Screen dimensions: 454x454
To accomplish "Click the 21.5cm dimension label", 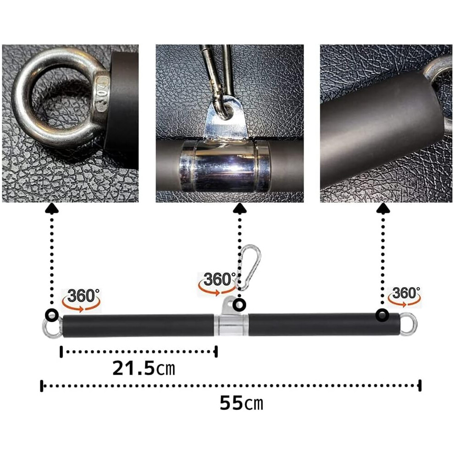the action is pos(144,368).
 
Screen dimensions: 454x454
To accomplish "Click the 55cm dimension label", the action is pos(242,403).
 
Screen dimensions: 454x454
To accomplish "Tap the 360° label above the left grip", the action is pos(83,296).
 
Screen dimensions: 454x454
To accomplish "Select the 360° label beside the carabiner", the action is pos(219,279).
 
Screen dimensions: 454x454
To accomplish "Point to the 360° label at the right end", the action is pos(406,293).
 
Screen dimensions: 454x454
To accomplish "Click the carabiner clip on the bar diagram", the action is pos(249,267).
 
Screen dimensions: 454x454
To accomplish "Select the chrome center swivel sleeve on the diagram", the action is pos(231,325).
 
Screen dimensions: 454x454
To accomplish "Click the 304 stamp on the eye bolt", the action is pos(102,94).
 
